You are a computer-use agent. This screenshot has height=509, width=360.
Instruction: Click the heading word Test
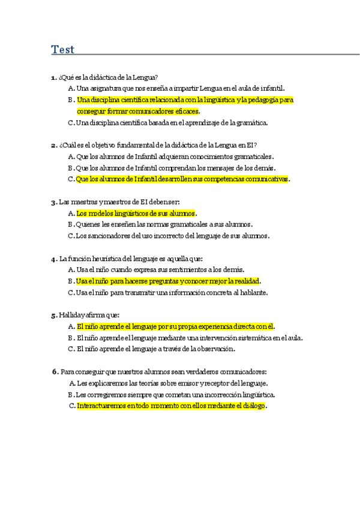point(63,49)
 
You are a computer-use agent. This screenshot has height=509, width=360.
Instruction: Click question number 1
point(54,77)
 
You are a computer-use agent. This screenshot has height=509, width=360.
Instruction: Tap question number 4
point(54,259)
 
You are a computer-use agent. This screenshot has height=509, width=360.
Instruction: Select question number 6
point(55,371)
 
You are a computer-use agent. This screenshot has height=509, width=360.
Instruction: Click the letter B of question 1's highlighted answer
point(71,100)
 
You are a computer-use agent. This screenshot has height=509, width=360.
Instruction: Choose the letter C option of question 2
point(71,179)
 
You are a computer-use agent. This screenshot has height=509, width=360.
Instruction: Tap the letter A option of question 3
point(71,213)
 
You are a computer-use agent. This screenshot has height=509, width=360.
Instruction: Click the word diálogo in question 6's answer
point(253,406)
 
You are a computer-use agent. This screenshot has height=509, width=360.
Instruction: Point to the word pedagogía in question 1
point(263,100)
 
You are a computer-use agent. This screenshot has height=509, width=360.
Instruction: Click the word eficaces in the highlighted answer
point(185,111)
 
